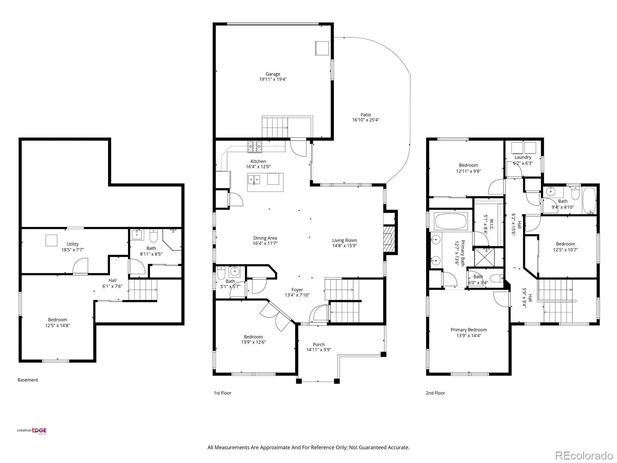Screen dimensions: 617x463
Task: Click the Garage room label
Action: pyautogui.click(x=273, y=74)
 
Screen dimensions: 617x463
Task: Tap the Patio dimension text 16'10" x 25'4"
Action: pyautogui.click(x=366, y=120)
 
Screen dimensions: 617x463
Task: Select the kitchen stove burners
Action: pyautogui.click(x=255, y=147)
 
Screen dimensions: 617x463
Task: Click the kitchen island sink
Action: pyautogui.click(x=253, y=179)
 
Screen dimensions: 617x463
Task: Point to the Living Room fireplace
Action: pyautogui.click(x=389, y=239)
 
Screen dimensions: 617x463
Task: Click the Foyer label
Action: pyautogui.click(x=297, y=289)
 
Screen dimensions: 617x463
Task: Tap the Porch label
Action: pyautogui.click(x=319, y=345)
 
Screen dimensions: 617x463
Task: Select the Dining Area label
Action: pyautogui.click(x=265, y=238)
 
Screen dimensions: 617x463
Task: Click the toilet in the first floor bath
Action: pyautogui.click(x=221, y=272)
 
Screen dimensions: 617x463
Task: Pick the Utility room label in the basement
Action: pyautogui.click(x=72, y=244)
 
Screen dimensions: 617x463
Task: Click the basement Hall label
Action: pyautogui.click(x=112, y=280)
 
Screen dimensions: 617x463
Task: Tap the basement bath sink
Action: pyautogui.click(x=137, y=235)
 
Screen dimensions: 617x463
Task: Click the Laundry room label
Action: pyautogui.click(x=523, y=157)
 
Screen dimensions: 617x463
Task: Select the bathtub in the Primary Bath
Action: pyautogui.click(x=450, y=221)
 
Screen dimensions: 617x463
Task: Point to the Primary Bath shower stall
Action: pyautogui.click(x=488, y=257)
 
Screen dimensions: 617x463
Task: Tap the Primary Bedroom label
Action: pyautogui.click(x=469, y=330)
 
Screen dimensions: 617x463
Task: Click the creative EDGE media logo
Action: pyautogui.click(x=32, y=431)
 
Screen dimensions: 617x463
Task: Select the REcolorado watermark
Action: pyautogui.click(x=584, y=455)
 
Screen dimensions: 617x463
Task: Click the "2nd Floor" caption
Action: pyautogui.click(x=435, y=393)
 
